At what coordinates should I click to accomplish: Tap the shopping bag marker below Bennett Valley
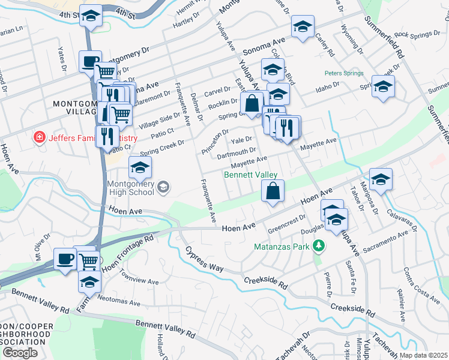273,191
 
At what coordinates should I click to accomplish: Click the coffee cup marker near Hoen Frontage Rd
65,259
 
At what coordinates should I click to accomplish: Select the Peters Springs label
344,73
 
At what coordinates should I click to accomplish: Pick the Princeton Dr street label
215,142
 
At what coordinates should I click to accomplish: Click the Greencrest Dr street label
287,223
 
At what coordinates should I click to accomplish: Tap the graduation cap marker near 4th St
91,18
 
